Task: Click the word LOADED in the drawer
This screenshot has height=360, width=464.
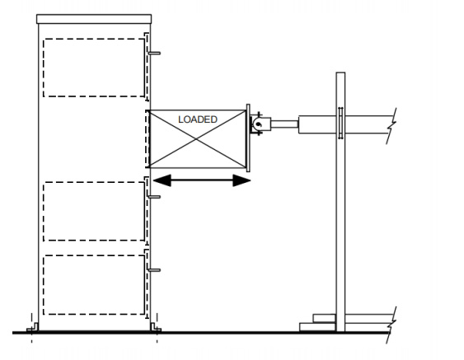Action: point(198,119)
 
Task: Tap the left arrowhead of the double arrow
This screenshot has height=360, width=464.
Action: point(162,180)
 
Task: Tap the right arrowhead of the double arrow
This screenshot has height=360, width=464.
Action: point(241,180)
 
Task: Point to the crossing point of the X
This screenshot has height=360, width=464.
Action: point(196,138)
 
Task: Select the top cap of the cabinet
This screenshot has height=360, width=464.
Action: point(94,19)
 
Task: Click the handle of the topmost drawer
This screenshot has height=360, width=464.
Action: point(154,54)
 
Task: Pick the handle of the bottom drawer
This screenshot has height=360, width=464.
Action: point(154,270)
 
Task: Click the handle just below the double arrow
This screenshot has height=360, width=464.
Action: point(154,197)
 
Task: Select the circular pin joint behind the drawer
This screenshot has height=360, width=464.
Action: point(258,124)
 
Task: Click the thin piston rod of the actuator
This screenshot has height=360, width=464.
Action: point(284,124)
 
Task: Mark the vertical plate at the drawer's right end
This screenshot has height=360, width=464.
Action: point(248,138)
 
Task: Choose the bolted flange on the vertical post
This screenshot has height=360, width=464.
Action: point(340,123)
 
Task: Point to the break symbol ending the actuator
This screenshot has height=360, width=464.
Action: point(391,126)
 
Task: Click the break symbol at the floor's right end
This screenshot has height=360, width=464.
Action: point(391,325)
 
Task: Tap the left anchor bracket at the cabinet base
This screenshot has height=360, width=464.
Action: point(32,328)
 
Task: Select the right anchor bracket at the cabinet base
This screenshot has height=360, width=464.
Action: point(156,328)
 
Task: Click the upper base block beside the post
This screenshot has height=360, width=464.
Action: point(325,318)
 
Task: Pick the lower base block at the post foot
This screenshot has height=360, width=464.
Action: point(317,327)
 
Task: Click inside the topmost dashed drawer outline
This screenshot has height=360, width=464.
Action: point(94,68)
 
